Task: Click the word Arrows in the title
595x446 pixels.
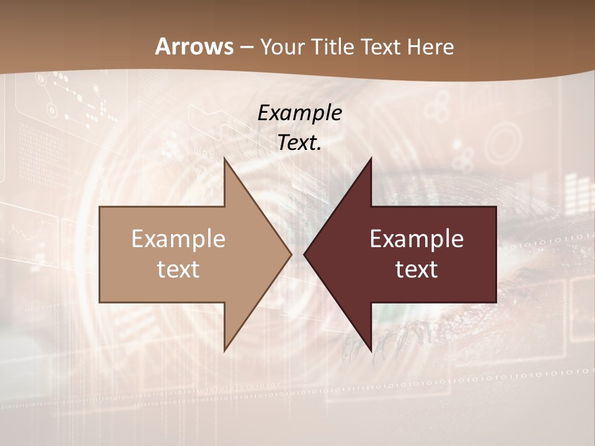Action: click(x=194, y=46)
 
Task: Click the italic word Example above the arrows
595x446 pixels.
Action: click(x=299, y=113)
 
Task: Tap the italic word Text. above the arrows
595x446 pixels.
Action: click(x=299, y=142)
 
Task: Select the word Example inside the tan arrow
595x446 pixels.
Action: click(x=178, y=238)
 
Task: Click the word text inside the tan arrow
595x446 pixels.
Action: click(x=178, y=269)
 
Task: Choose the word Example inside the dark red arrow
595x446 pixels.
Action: click(x=416, y=238)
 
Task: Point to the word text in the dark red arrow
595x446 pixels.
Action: click(x=416, y=269)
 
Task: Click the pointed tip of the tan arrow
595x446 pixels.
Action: click(x=291, y=254)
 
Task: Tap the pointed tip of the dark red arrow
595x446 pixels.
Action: click(x=304, y=254)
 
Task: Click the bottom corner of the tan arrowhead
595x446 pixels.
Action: click(x=225, y=351)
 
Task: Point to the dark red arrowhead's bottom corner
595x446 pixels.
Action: click(x=371, y=351)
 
